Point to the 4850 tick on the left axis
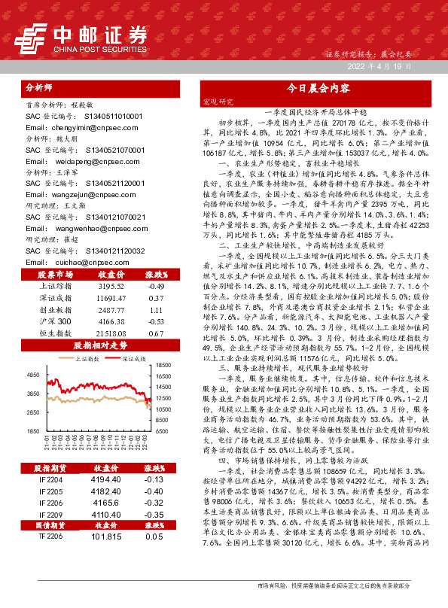[32, 374]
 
